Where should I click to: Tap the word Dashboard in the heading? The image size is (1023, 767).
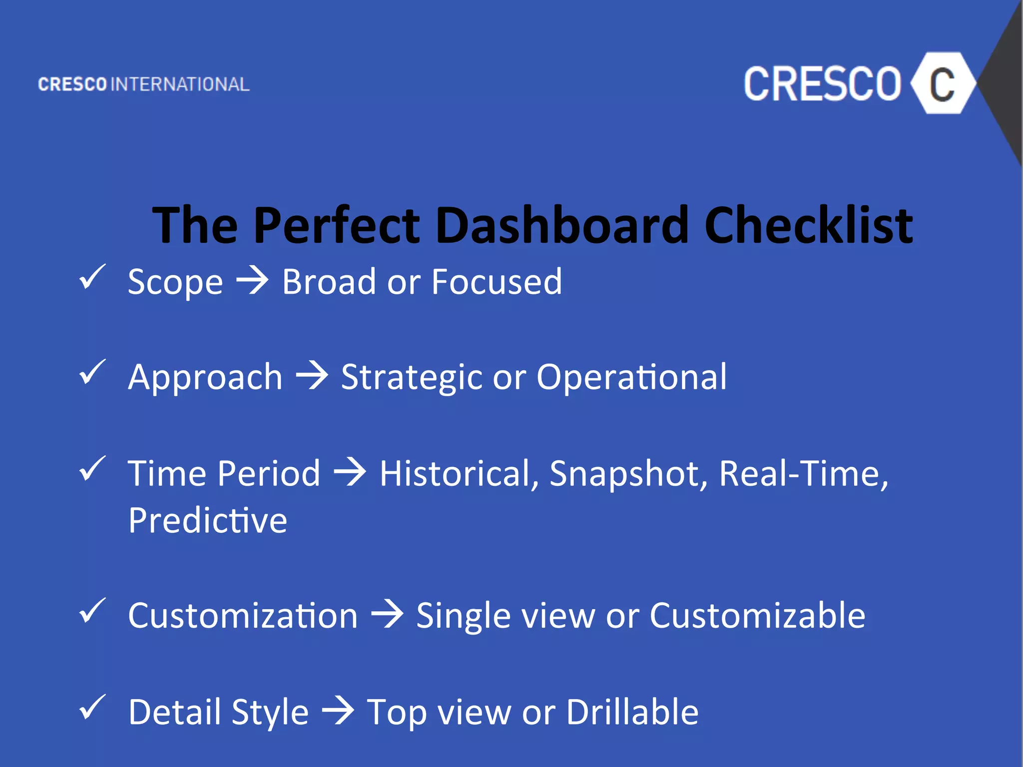pos(562,226)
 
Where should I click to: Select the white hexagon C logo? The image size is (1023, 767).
pos(942,83)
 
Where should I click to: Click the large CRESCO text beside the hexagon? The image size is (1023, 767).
pos(822,84)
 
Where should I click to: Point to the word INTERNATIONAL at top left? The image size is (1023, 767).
pos(180,84)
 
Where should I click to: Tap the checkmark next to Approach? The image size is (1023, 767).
pos(92,372)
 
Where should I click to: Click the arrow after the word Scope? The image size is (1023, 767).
pos(252,281)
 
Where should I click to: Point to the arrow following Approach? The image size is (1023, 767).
pos(312,376)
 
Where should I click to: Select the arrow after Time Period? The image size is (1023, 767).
pos(350,472)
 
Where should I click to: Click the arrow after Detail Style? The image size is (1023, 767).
pos(338,711)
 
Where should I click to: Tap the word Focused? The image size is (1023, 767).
pos(497,282)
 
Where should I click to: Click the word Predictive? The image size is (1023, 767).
pos(208,520)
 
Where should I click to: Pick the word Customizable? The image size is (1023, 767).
pos(757,615)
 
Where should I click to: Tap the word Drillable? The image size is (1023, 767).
pos(632,712)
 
